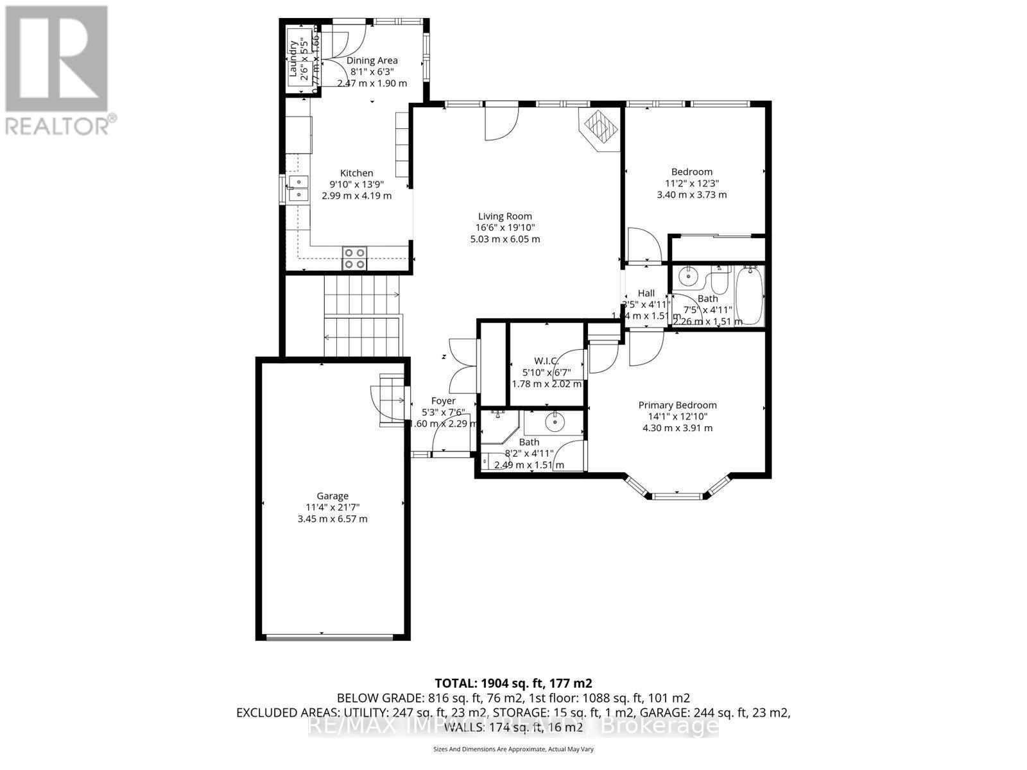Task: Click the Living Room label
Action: click(x=505, y=216)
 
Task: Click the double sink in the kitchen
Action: click(x=298, y=188)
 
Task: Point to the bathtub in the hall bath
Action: click(x=749, y=296)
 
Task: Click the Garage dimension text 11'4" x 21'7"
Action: click(x=332, y=507)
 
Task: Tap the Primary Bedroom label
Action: click(x=677, y=405)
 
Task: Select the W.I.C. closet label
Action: click(x=546, y=361)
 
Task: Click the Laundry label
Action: click(x=293, y=59)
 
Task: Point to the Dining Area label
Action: click(x=372, y=60)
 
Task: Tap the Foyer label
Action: click(x=443, y=400)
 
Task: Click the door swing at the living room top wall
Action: click(x=500, y=123)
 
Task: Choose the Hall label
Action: click(x=646, y=293)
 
